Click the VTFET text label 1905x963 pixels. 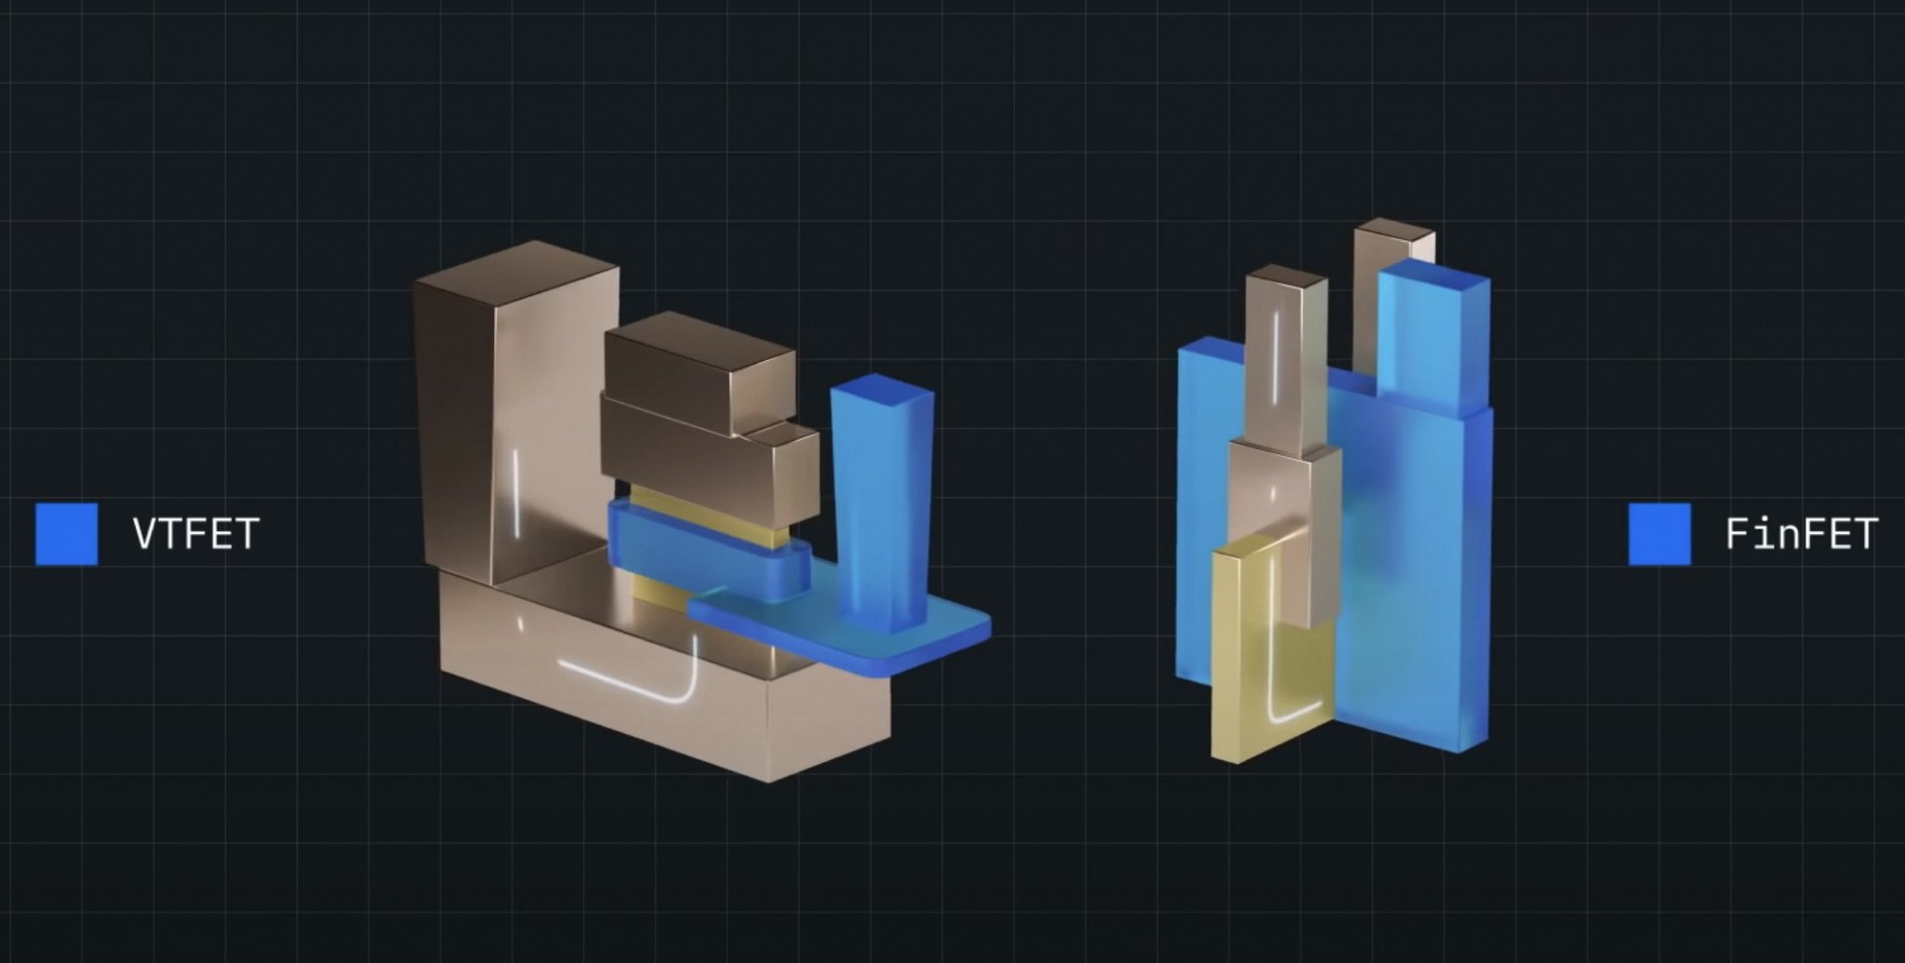point(195,534)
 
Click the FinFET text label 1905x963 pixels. point(1802,534)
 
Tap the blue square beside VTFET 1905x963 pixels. point(66,534)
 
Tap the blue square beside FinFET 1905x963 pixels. point(1659,534)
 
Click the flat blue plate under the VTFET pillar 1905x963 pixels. point(842,633)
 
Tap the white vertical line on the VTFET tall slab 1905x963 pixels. point(516,493)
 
